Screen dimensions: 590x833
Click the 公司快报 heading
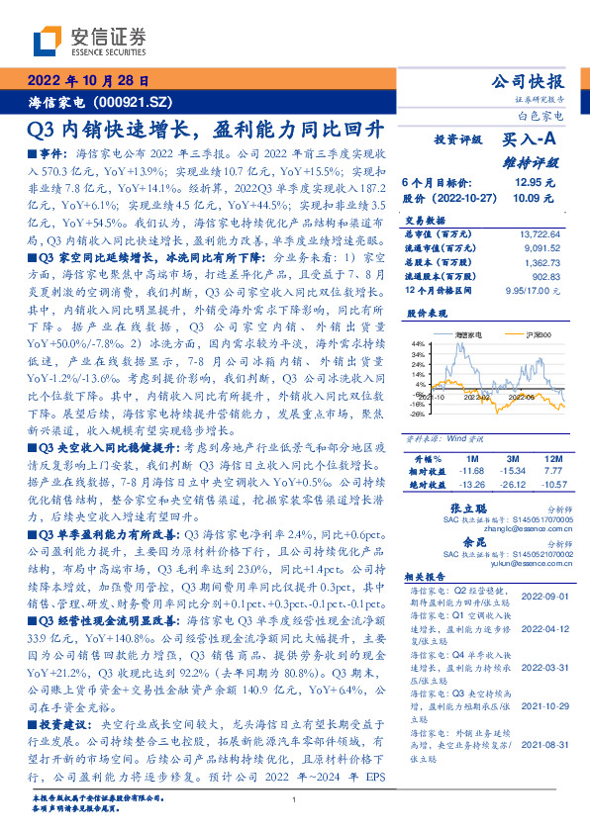click(x=528, y=82)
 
